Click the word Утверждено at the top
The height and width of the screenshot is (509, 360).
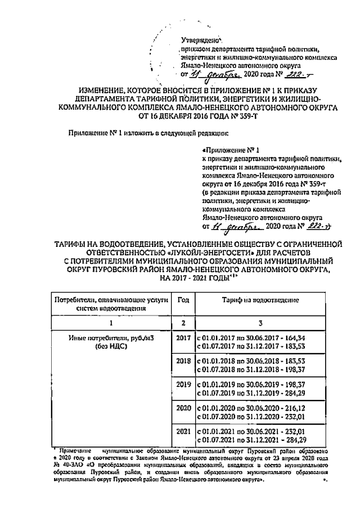click(x=200, y=40)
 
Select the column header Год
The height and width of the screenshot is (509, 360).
click(x=182, y=301)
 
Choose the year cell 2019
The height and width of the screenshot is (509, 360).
click(x=182, y=390)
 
